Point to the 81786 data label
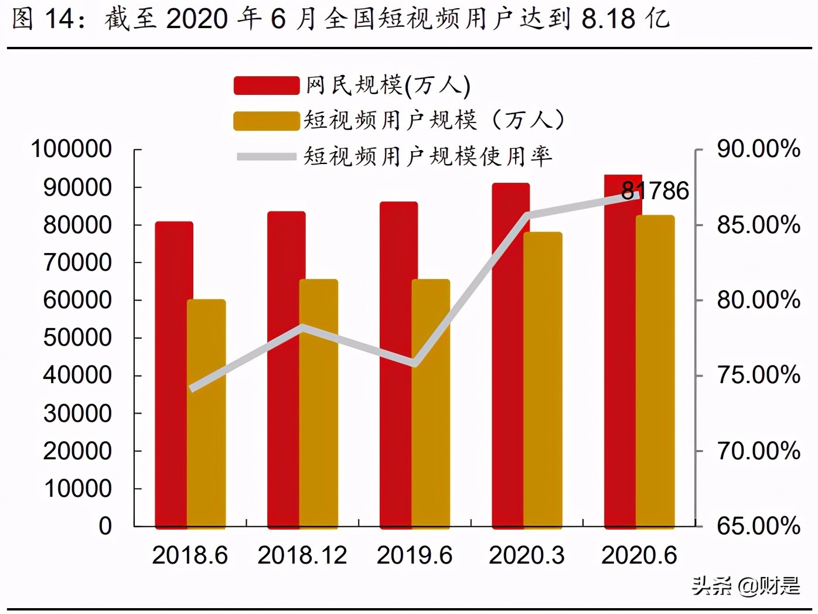point(655,191)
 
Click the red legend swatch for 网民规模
point(267,86)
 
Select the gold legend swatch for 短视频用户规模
point(267,121)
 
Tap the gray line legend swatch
point(267,156)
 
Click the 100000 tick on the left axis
point(71,149)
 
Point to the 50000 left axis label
point(77,338)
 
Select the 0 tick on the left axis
point(105,526)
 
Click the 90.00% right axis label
point(758,149)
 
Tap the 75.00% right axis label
point(758,376)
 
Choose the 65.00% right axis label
point(758,526)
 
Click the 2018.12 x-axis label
point(302,555)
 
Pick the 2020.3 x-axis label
point(527,555)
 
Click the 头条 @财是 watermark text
point(745,585)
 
